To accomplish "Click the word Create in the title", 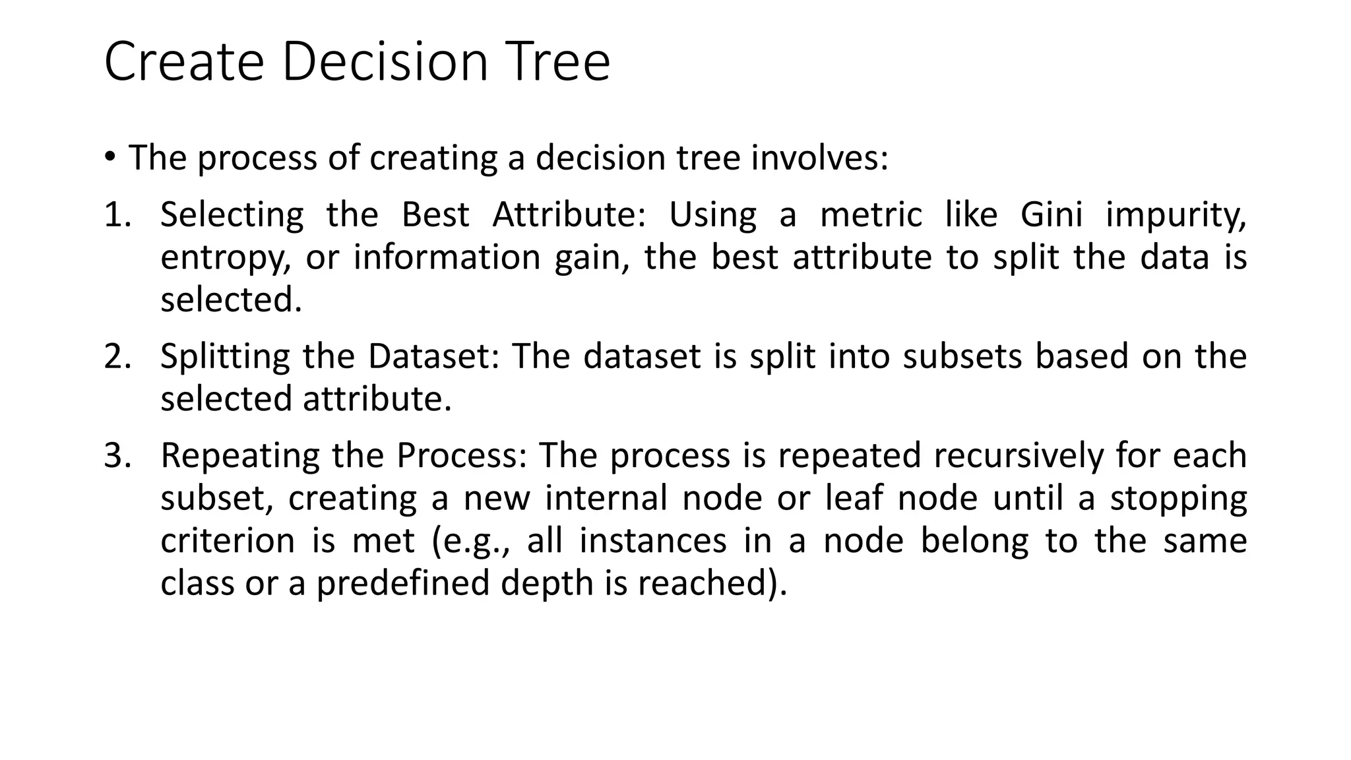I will click(x=184, y=62).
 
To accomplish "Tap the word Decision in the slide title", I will click(x=385, y=62).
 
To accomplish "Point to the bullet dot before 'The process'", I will click(x=110, y=156).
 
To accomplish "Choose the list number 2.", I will click(x=117, y=356).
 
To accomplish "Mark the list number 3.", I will click(x=117, y=455).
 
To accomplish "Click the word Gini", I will click(x=1052, y=215).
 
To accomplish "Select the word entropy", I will click(x=225, y=259).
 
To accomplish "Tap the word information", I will click(x=447, y=257).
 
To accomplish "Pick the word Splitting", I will click(x=225, y=358).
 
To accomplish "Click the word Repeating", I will click(x=239, y=457).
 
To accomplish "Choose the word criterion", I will click(x=228, y=541).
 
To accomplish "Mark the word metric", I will click(x=871, y=215).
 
